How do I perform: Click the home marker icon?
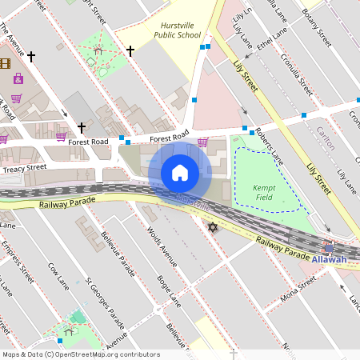pos(180,172)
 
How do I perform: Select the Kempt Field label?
pos(264,191)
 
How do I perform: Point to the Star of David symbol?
pos(213,228)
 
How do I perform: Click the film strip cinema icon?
pos(6,62)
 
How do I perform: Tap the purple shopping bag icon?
pos(18,78)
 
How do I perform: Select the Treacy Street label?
pos(24,168)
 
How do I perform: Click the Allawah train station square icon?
pos(329,248)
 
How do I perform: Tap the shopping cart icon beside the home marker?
pos(203,142)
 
